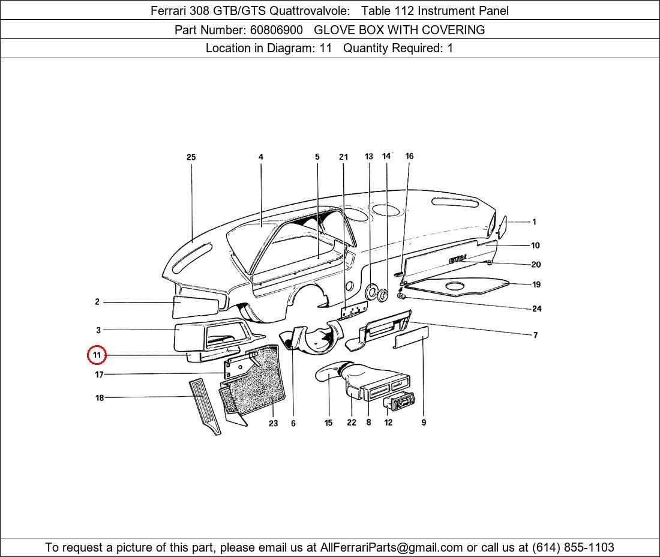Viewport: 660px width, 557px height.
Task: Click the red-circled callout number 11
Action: pyautogui.click(x=97, y=355)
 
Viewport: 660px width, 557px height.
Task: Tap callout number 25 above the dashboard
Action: pyautogui.click(x=191, y=157)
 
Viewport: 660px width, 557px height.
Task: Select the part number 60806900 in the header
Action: pyautogui.click(x=277, y=30)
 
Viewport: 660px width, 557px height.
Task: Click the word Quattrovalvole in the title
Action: pyautogui.click(x=310, y=11)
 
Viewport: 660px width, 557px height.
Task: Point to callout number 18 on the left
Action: pyautogui.click(x=100, y=397)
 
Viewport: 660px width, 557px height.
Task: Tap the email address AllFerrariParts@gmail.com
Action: pyautogui.click(x=391, y=547)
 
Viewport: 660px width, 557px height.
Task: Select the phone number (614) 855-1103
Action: pyautogui.click(x=573, y=547)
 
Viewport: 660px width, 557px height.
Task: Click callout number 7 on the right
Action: pyautogui.click(x=535, y=335)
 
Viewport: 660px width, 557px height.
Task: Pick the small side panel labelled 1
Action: pyautogui.click(x=502, y=227)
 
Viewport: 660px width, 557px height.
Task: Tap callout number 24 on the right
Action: pyautogui.click(x=536, y=309)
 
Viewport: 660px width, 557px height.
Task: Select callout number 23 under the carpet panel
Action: pyautogui.click(x=273, y=423)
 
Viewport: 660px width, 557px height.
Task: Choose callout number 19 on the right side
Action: pyautogui.click(x=536, y=285)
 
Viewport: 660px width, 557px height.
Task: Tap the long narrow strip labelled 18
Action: pyautogui.click(x=205, y=406)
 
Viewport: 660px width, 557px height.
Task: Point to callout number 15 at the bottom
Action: pyautogui.click(x=328, y=423)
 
